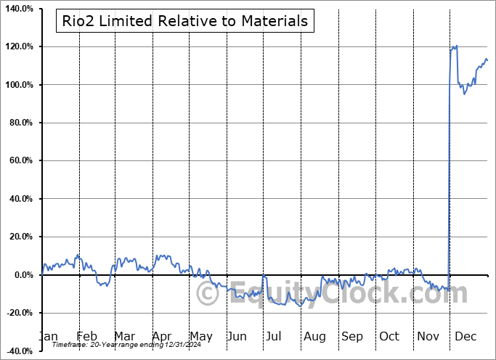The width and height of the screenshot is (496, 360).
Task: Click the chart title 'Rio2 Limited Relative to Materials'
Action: pos(182,21)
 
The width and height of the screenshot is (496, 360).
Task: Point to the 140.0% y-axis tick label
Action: pos(17,9)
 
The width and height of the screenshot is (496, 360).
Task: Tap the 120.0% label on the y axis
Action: pos(17,47)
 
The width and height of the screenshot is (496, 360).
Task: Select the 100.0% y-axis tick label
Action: pos(17,85)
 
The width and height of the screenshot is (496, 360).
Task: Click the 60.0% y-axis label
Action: pos(20,161)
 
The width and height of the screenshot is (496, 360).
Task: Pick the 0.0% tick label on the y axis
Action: pos(22,275)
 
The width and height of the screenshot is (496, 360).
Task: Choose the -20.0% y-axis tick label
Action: pos(18,313)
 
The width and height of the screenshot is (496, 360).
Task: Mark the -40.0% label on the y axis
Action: pos(18,351)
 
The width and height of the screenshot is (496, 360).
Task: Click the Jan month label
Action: pos(48,336)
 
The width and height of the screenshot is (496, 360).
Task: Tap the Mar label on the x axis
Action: pos(124,336)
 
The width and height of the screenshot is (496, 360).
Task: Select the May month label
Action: pos(200,336)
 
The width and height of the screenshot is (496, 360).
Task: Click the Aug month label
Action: pos(314,336)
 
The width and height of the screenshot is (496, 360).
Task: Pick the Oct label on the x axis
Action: pos(389,336)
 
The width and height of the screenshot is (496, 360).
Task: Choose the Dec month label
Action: pos(465,336)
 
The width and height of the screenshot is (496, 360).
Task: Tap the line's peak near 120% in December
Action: pos(455,46)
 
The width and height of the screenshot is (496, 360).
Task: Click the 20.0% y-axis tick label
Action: pos(20,237)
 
